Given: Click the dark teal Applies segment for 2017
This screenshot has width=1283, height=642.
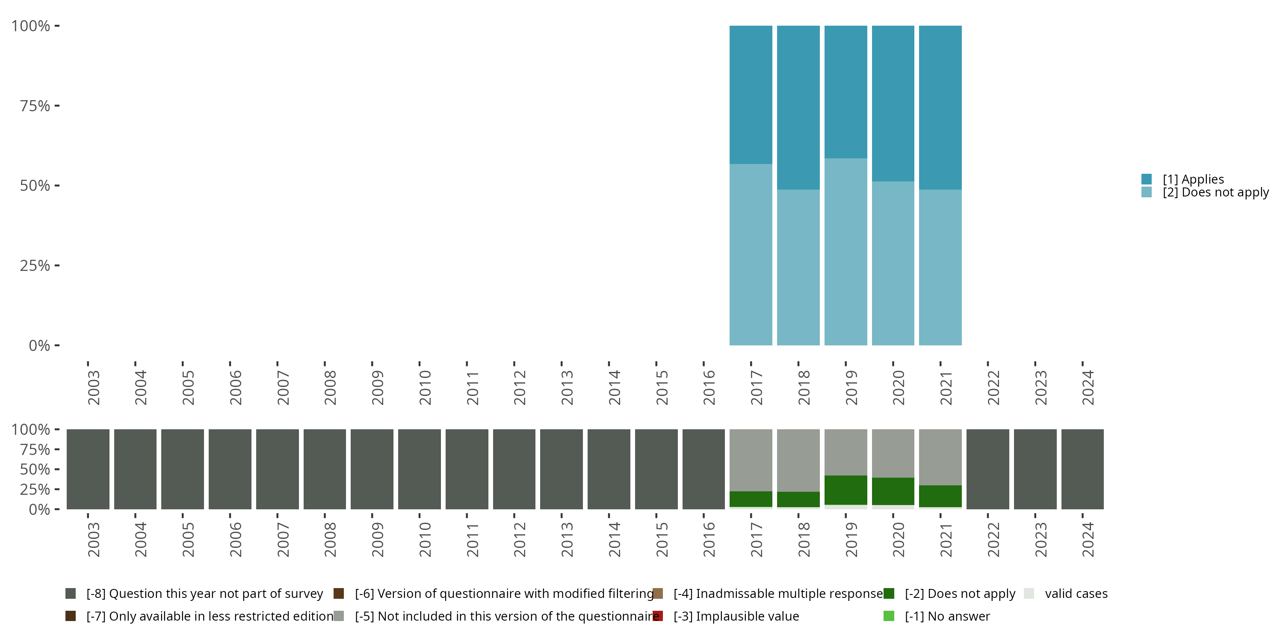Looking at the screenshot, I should point(751,95).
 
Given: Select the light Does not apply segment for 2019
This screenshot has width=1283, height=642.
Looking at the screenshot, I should point(845,252).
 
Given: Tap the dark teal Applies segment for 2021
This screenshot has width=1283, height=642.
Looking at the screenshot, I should point(940,107).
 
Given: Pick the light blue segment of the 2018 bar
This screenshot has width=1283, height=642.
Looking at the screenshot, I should point(798,267).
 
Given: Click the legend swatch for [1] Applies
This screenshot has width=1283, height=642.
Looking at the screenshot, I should point(1147,179).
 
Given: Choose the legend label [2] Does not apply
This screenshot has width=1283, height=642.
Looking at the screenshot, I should point(1215,193).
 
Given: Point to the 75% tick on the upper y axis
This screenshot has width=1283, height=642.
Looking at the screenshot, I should point(57,106).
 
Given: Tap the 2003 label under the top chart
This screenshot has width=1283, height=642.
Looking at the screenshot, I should point(94,387).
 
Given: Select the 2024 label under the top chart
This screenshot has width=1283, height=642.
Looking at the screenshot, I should point(1088,387).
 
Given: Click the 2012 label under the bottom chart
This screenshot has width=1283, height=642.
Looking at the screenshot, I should point(520,539).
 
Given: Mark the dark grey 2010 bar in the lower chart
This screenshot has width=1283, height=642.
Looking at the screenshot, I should point(420,469).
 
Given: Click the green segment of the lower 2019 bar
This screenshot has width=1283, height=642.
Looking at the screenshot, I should point(845,490).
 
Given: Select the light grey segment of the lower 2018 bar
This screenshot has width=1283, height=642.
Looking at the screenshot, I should point(798,460).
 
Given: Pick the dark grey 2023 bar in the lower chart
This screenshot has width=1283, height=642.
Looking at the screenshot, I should point(1035,469).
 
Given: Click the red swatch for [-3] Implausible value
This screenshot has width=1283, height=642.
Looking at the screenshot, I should point(658,616).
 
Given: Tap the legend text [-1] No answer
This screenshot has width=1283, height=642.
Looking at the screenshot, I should point(947,616).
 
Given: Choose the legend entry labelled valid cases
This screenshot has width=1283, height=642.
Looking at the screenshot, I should point(1076,594).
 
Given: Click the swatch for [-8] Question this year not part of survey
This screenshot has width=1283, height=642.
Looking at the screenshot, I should point(71,594).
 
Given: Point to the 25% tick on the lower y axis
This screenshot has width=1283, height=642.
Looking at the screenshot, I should point(57,489).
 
